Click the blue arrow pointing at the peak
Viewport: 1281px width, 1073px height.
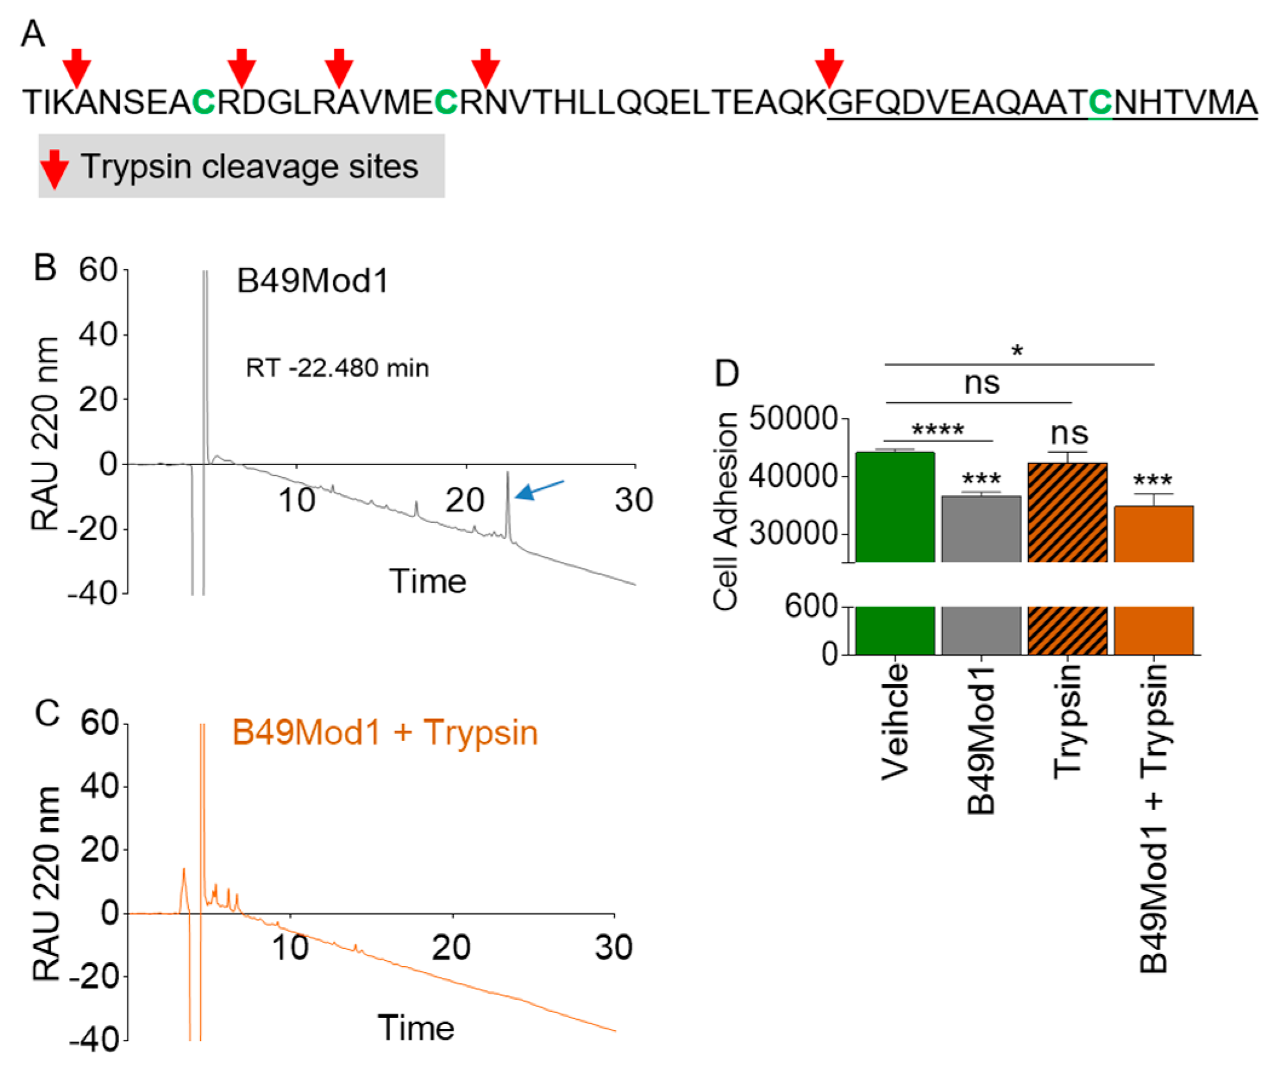pyautogui.click(x=540, y=489)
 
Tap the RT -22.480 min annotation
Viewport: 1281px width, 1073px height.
pyautogui.click(x=337, y=368)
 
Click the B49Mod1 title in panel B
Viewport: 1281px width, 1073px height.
pyautogui.click(x=312, y=281)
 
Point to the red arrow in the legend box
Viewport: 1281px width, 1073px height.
pyautogui.click(x=54, y=168)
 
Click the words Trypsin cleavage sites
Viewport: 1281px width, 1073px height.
pyautogui.click(x=249, y=166)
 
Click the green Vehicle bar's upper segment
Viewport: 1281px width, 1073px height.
pyautogui.click(x=895, y=507)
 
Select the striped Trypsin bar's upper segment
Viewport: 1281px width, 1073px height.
pyautogui.click(x=1067, y=512)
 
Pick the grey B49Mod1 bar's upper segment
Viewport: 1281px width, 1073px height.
pyautogui.click(x=981, y=529)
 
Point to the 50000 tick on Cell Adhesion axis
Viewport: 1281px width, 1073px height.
pyautogui.click(x=793, y=419)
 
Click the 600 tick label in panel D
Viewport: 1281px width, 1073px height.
pyautogui.click(x=811, y=607)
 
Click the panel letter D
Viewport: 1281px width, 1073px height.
pyautogui.click(x=727, y=373)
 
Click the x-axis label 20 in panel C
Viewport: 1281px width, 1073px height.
pyautogui.click(x=451, y=947)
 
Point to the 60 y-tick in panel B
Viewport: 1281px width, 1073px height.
pyautogui.click(x=97, y=270)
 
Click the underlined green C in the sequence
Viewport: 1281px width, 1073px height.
pyautogui.click(x=1100, y=102)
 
